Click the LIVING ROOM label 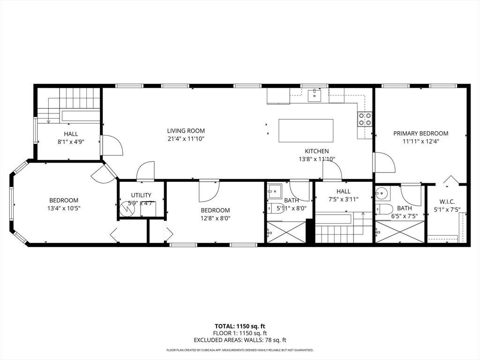pyautogui.click(x=186, y=130)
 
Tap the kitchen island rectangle pyautogui.click(x=306, y=131)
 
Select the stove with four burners pyautogui.click(x=365, y=119)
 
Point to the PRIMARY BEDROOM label pyautogui.click(x=420, y=134)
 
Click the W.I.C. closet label pyautogui.click(x=447, y=202)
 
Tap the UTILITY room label pyautogui.click(x=141, y=195)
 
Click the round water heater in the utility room pyautogui.click(x=127, y=209)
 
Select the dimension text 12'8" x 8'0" pyautogui.click(x=215, y=218)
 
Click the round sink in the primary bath pyautogui.click(x=382, y=193)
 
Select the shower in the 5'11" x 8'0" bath pyautogui.click(x=286, y=232)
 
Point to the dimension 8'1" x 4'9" pyautogui.click(x=71, y=142)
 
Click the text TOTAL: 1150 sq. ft pyautogui.click(x=240, y=326)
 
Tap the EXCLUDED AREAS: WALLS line pyautogui.click(x=240, y=340)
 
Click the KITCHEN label pyautogui.click(x=317, y=151)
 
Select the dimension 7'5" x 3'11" pyautogui.click(x=343, y=199)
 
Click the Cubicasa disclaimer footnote pyautogui.click(x=240, y=350)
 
